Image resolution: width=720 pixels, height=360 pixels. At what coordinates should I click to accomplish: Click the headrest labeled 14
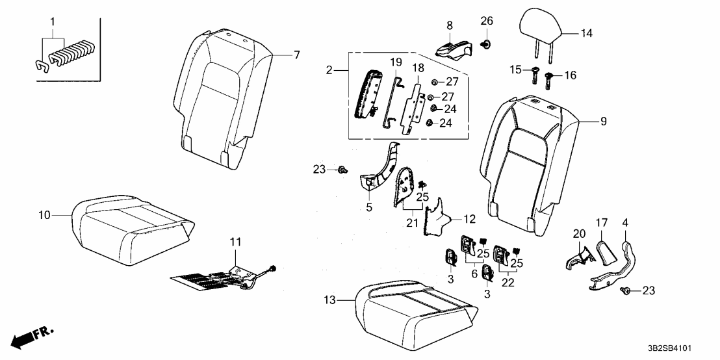click(541, 25)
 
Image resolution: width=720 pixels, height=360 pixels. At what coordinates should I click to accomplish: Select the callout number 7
click(296, 55)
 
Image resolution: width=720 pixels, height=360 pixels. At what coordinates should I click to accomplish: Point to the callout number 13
click(329, 301)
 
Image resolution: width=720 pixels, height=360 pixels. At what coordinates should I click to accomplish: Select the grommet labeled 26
click(486, 44)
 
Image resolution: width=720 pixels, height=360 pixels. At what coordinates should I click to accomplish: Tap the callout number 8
click(450, 25)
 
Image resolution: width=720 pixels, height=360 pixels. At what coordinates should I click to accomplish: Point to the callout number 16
click(570, 75)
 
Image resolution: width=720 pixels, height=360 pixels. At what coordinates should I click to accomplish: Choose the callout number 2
click(329, 70)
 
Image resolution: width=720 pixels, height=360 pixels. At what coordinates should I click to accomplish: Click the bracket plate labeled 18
click(412, 108)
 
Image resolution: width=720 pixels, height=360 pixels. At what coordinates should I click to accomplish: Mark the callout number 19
click(396, 62)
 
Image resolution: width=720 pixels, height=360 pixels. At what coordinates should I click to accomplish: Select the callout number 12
click(469, 219)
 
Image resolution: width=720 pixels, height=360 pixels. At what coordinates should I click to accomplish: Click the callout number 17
click(602, 223)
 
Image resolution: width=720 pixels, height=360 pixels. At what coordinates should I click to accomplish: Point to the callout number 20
click(580, 234)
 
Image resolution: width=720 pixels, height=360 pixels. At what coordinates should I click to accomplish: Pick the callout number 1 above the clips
click(53, 21)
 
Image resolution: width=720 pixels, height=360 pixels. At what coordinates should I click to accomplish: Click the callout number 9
click(604, 122)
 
